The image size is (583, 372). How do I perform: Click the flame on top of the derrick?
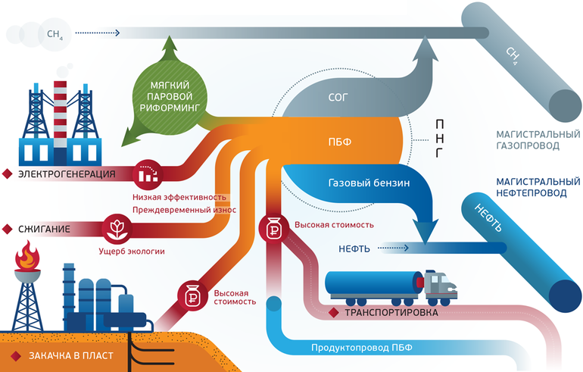28,255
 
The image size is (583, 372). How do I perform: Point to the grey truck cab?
441,286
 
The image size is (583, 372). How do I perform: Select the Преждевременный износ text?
184,209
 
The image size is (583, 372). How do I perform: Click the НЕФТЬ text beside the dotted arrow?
351,247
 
